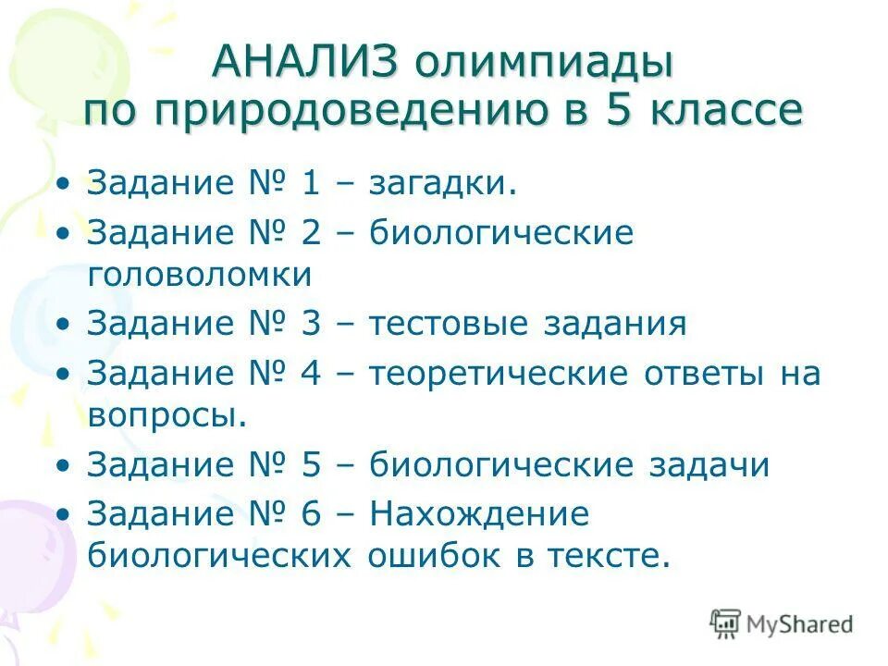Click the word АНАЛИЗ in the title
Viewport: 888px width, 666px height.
pos(305,63)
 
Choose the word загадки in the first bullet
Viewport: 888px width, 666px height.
pos(442,183)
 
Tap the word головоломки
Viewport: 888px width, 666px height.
pos(200,275)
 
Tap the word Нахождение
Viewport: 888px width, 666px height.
pos(479,514)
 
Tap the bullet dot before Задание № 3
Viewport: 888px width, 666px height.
pos(63,325)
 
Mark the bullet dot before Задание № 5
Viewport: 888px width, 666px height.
pos(63,465)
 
